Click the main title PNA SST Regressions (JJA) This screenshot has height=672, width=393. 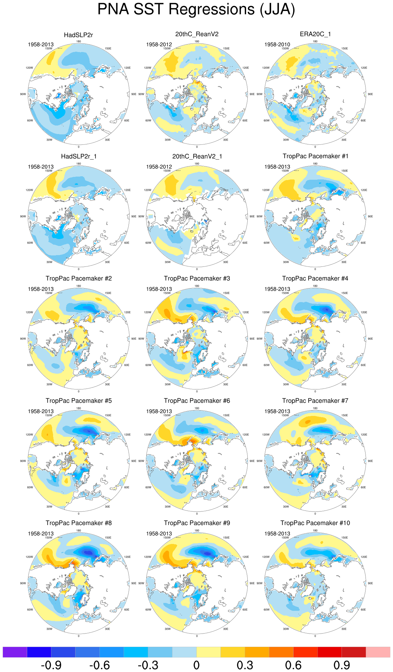click(x=196, y=9)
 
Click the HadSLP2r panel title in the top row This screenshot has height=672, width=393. click(x=78, y=35)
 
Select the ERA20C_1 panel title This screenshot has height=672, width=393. click(x=315, y=34)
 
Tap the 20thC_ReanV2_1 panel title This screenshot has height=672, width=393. click(x=197, y=156)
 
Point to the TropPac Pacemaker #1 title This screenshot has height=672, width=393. click(x=315, y=156)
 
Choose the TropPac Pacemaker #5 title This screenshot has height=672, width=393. click(x=78, y=400)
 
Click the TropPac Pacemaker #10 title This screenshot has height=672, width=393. click(x=315, y=523)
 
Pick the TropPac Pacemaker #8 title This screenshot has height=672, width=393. click(x=78, y=523)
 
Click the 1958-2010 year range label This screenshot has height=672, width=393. click(x=277, y=44)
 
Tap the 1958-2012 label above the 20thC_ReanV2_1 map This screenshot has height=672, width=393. click(x=159, y=167)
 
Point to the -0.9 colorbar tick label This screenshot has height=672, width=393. click(x=51, y=665)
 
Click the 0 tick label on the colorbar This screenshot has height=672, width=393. click(x=196, y=665)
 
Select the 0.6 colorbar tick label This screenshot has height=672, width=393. click(x=293, y=665)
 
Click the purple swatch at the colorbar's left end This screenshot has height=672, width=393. click(x=15, y=652)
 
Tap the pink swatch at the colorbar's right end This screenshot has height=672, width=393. click(x=378, y=652)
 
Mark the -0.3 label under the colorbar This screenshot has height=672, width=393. click(x=148, y=665)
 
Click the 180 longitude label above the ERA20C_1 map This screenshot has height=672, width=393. click(x=315, y=41)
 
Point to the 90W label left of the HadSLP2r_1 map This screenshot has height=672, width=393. click(x=23, y=216)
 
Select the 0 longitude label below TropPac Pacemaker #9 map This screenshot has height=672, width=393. click(x=197, y=636)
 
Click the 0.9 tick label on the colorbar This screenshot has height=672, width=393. click(x=342, y=665)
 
